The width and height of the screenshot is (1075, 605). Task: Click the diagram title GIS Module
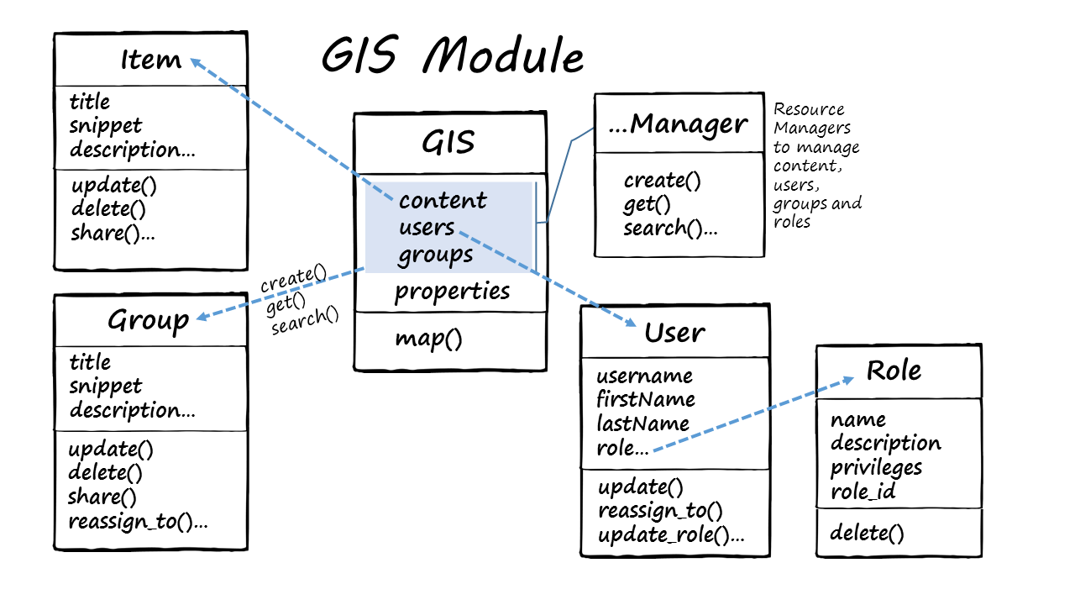(452, 57)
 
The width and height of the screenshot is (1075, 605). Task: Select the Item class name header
(150, 60)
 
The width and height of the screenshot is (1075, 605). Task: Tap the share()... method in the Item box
(113, 233)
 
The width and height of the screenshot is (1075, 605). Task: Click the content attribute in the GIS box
(443, 201)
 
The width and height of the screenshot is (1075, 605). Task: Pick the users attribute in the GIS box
(427, 227)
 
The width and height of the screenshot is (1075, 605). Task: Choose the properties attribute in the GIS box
(452, 292)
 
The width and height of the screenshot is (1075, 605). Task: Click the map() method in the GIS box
(428, 339)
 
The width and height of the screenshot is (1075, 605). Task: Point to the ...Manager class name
(677, 124)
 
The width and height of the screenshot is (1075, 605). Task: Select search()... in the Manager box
(670, 228)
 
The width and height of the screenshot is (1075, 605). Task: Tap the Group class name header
(149, 320)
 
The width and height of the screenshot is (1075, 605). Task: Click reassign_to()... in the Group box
(138, 521)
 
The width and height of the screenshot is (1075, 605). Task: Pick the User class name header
(674, 333)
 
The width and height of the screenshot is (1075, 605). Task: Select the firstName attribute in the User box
(645, 398)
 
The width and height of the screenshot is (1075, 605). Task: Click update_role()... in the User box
(671, 535)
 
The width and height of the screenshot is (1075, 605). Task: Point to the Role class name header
(894, 371)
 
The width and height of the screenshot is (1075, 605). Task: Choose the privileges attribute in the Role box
(876, 467)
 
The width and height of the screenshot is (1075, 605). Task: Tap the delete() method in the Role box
(867, 533)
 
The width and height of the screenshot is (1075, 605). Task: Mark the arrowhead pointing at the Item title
(196, 61)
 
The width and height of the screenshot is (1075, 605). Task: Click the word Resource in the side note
(809, 109)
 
